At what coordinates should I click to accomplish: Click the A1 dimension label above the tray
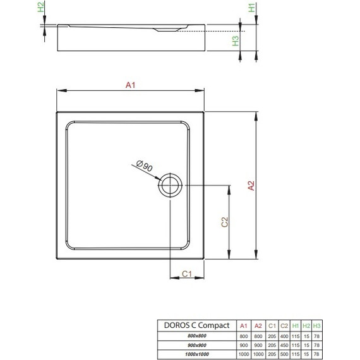click(131, 88)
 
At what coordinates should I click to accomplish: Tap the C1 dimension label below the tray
click(187, 273)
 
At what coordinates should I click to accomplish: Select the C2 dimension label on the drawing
click(224, 223)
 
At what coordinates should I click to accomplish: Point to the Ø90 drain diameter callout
click(145, 167)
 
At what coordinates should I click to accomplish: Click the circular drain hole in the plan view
click(171, 186)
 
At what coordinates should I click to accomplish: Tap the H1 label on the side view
click(251, 9)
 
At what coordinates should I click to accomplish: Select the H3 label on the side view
click(235, 41)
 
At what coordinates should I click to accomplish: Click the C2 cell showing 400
click(284, 335)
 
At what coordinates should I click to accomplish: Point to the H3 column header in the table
click(317, 325)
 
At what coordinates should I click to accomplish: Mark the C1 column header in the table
click(272, 325)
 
